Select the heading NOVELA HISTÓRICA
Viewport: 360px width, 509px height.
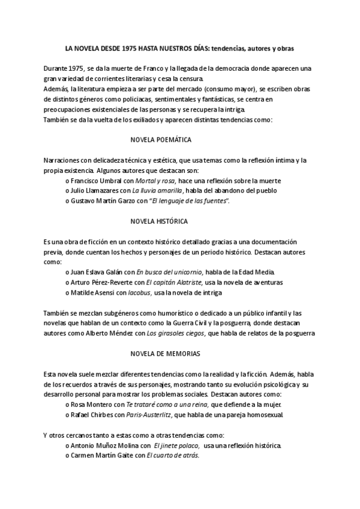159,221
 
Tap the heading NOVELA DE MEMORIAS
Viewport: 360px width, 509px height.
160,354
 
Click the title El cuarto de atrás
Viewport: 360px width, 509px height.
173,456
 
